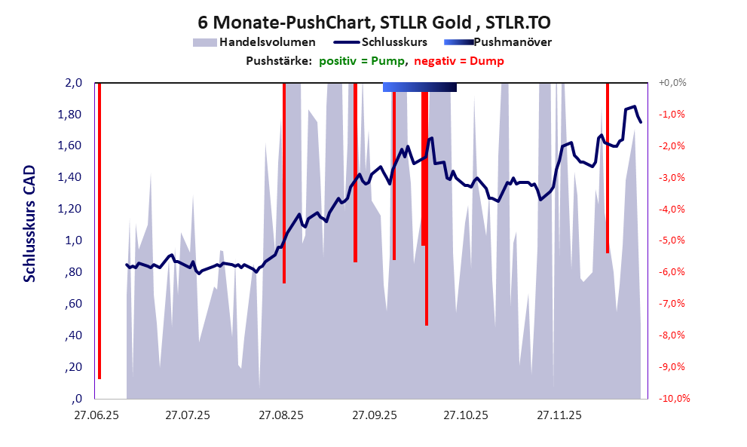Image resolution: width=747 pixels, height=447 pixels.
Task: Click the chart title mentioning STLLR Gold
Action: pyautogui.click(x=374, y=21)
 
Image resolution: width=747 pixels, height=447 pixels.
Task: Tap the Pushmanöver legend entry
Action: pyautogui.click(x=512, y=42)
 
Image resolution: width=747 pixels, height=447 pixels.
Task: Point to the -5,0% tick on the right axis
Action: pyautogui.click(x=673, y=240)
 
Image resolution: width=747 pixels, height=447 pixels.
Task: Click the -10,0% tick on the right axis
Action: pyautogui.click(x=672, y=399)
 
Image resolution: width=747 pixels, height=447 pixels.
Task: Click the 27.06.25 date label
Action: pyautogui.click(x=96, y=415)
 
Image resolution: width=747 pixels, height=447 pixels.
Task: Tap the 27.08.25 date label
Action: pyautogui.click(x=281, y=415)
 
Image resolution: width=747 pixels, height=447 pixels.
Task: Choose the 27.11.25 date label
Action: pyautogui.click(x=559, y=415)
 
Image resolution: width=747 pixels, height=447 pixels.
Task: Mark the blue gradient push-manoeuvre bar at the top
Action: pyautogui.click(x=419, y=87)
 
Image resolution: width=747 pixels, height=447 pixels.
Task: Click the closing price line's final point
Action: pyautogui.click(x=641, y=121)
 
